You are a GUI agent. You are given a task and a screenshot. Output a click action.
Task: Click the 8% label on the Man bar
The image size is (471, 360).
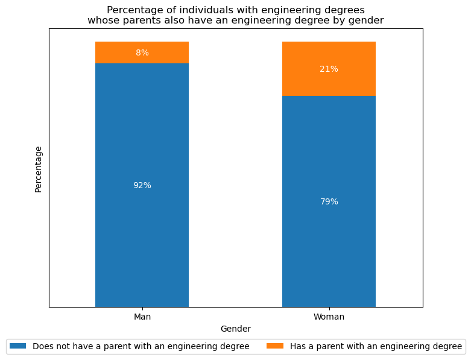[142, 53]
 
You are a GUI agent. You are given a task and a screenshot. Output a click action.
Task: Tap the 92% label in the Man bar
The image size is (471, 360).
[142, 186]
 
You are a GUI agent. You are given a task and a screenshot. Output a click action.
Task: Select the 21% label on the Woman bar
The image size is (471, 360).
[329, 69]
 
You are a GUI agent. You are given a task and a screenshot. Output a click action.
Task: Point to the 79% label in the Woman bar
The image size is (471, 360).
[329, 202]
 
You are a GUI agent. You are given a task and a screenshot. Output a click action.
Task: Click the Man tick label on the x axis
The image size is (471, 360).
[142, 317]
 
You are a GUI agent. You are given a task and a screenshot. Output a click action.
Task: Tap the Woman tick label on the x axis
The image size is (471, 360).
[329, 317]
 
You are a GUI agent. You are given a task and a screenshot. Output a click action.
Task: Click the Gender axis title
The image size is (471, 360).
[235, 329]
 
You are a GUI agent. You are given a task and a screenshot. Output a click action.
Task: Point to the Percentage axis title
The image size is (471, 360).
[39, 169]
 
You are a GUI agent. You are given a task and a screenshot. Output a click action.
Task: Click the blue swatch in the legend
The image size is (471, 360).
[18, 346]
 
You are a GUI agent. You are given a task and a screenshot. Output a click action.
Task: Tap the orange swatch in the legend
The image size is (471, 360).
[275, 346]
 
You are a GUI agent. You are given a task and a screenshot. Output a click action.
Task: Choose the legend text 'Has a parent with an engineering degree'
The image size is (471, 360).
[376, 346]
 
